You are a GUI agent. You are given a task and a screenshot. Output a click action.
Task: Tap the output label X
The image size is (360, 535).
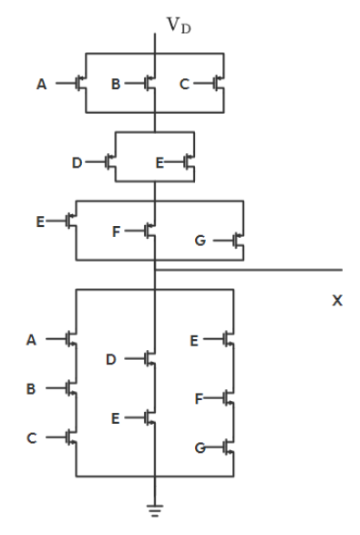[x=337, y=299]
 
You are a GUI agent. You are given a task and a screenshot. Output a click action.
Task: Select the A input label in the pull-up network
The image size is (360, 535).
[x=41, y=84]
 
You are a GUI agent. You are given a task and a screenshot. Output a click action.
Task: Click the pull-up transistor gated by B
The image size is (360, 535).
[x=149, y=84]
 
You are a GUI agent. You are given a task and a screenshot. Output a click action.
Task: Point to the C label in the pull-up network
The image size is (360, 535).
[x=184, y=84]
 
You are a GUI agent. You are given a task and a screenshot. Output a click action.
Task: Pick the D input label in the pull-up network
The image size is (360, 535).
[x=77, y=163]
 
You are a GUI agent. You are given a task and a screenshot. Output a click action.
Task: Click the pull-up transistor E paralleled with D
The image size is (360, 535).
[x=189, y=163]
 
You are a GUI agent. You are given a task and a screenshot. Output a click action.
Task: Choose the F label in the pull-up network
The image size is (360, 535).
[x=116, y=231]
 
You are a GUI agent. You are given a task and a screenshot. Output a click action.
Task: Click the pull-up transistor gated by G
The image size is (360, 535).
[x=237, y=242]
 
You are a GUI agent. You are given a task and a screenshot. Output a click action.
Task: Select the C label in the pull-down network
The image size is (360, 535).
[x=30, y=438]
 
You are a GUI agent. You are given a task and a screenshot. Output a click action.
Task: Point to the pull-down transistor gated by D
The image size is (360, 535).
[x=149, y=359]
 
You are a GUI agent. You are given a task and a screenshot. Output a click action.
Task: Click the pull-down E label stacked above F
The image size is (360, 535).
[x=194, y=340]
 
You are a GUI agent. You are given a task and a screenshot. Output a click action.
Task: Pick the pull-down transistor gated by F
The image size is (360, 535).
[x=227, y=398]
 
